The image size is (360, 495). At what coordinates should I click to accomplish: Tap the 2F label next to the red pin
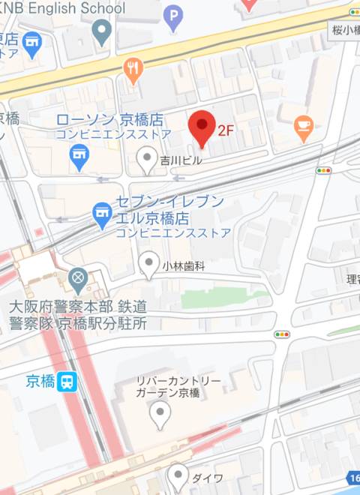click(x=226, y=130)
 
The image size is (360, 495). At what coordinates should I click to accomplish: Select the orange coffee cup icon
click(x=303, y=128)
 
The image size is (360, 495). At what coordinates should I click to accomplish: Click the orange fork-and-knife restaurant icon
click(x=133, y=71)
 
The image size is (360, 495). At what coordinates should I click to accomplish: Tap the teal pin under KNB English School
click(x=101, y=32)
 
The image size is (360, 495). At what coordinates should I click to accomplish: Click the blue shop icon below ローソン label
click(x=78, y=156)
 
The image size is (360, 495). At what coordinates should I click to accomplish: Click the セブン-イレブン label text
click(x=169, y=202)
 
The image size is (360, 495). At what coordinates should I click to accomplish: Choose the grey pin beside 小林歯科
click(x=149, y=265)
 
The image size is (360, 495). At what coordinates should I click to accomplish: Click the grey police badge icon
click(x=78, y=280)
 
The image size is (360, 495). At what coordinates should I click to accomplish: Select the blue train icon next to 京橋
click(x=68, y=381)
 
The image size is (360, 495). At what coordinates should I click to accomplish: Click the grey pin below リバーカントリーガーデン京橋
click(x=160, y=413)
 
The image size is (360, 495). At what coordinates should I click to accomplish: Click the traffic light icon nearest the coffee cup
click(x=324, y=171)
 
